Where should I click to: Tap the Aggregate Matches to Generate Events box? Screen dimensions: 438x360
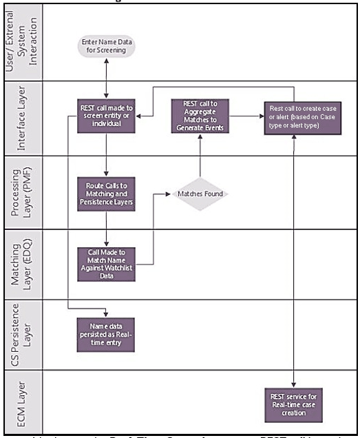pyautogui.click(x=200, y=114)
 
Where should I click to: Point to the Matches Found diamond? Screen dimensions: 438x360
pyautogui.click(x=200, y=195)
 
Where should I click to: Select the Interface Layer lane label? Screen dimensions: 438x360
pyautogui.click(x=23, y=121)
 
